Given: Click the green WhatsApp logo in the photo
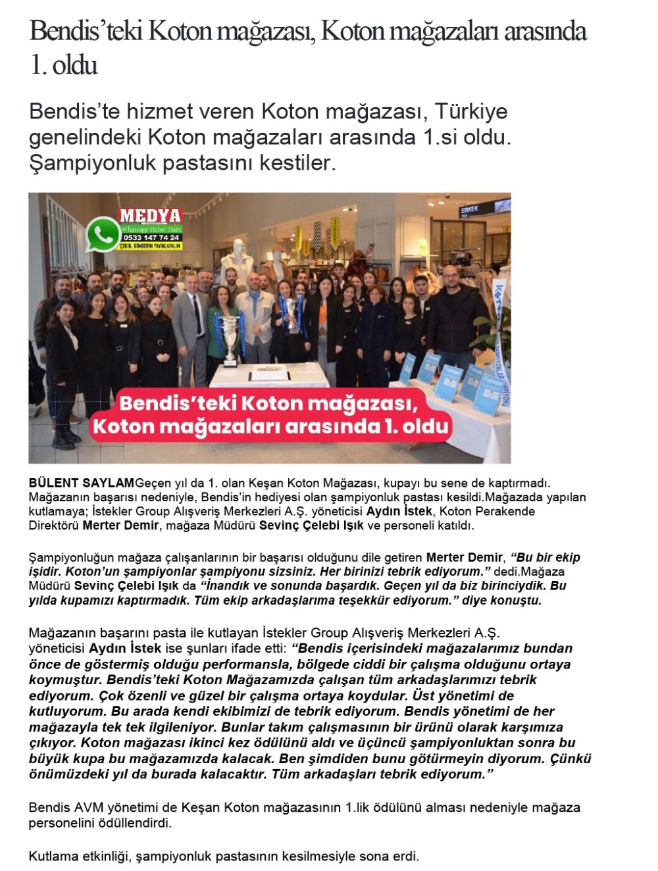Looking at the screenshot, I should [x=103, y=235].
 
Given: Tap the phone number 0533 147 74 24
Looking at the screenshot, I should [x=151, y=237].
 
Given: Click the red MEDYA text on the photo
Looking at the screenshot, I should [x=150, y=216].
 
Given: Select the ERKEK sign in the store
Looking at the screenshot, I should [x=469, y=210].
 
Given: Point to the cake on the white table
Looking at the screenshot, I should [x=270, y=376].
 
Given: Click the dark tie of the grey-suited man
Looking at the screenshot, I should [x=197, y=316].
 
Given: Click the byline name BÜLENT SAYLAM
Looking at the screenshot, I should [x=81, y=483].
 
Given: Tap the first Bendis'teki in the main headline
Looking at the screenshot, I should [x=86, y=31].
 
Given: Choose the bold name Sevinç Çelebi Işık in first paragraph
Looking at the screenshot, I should [x=311, y=526].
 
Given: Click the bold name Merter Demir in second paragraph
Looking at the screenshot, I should [x=464, y=558].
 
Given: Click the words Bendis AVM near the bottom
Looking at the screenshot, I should [x=66, y=807].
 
